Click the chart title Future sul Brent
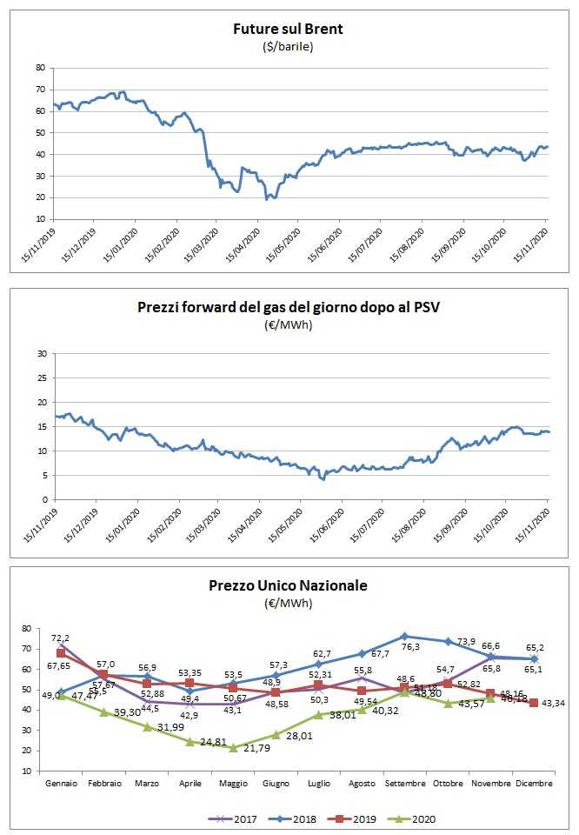288,29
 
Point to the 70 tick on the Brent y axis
39,90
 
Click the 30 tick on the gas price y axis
39,354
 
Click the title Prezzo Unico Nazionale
288,585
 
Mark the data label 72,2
63,638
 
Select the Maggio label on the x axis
232,784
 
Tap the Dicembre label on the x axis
534,784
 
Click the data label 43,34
555,703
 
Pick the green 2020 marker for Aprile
190,741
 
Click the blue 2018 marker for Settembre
404,636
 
